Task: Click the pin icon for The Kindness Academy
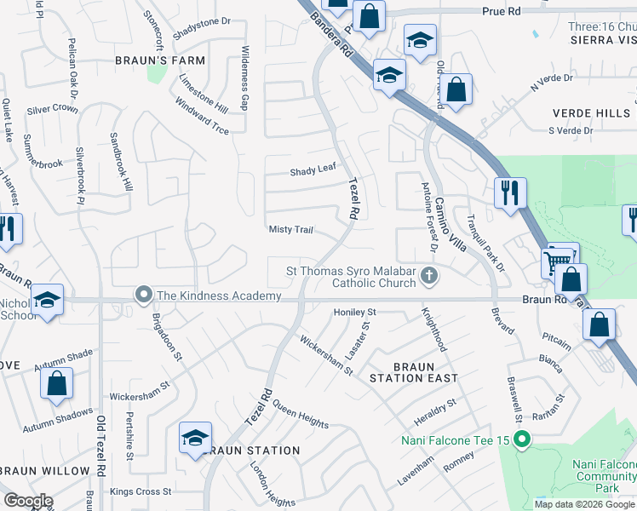[143, 296]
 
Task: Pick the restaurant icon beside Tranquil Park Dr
[510, 192]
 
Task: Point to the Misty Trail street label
[291, 230]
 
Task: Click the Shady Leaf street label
[313, 170]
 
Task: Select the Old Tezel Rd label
[100, 457]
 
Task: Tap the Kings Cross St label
[142, 492]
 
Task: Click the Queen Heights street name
[301, 417]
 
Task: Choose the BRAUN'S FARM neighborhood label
[161, 60]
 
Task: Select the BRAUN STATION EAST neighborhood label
[413, 377]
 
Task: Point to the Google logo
[29, 501]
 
